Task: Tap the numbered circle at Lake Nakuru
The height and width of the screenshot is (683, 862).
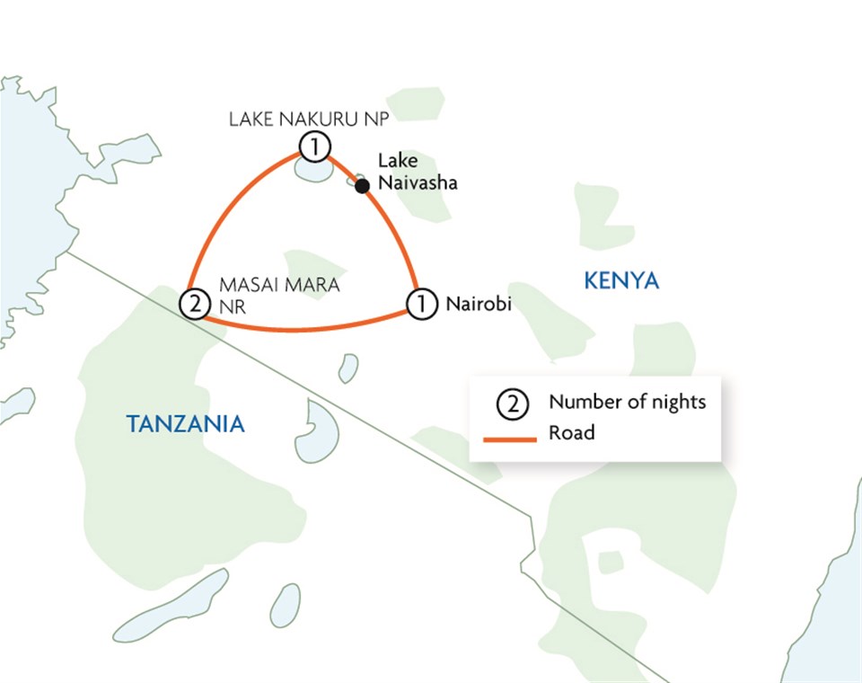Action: (314, 146)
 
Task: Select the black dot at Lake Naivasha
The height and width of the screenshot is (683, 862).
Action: (362, 186)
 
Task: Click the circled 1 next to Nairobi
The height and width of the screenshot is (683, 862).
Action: (421, 304)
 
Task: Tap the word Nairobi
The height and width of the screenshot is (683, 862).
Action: (479, 305)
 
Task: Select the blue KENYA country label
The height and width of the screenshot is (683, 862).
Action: (621, 281)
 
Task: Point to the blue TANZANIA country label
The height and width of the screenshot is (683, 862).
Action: (185, 424)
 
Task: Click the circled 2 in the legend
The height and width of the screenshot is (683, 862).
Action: (513, 404)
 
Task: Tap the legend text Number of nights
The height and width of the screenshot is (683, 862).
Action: (628, 402)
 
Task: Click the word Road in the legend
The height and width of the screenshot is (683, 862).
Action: (572, 433)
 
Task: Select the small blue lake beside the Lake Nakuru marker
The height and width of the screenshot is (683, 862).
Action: (314, 171)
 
